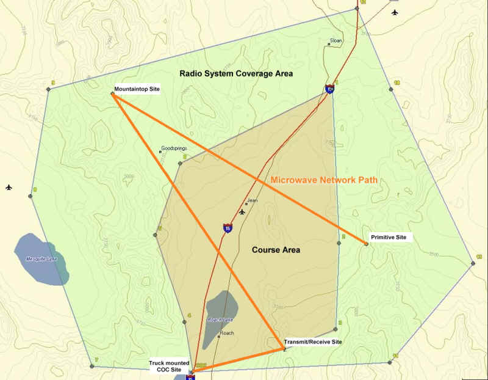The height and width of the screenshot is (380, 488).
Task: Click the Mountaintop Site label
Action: (137, 89)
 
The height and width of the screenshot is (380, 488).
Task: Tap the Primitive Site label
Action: (388, 237)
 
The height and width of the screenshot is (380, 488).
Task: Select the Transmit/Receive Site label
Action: (313, 342)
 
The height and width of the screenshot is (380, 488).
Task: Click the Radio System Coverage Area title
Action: (236, 73)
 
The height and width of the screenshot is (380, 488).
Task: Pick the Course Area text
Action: (276, 250)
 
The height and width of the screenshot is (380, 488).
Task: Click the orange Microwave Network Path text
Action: (324, 180)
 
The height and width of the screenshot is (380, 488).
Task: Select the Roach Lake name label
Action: (220, 320)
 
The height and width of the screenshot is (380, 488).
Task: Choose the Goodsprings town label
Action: (174, 148)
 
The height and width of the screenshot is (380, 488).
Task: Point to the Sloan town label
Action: (336, 40)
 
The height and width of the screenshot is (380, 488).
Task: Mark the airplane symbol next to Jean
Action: (243, 213)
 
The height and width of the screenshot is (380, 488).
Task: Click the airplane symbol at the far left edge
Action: (9, 187)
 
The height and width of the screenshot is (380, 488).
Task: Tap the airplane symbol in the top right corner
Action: (395, 12)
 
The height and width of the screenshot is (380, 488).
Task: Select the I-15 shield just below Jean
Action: (227, 228)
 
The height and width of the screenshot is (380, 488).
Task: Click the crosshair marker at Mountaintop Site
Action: (112, 93)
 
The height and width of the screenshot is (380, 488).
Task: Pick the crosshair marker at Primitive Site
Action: (366, 244)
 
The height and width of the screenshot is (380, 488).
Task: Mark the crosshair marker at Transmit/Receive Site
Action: (284, 349)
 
